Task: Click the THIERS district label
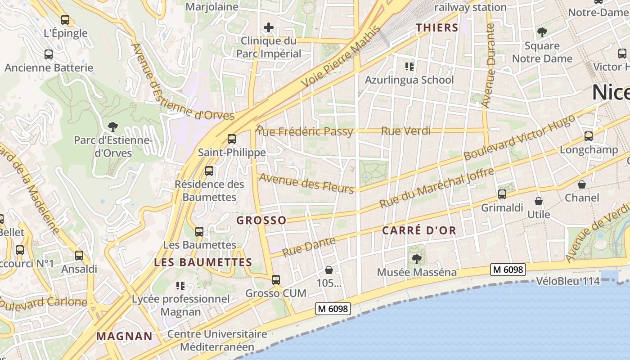coord(437,27)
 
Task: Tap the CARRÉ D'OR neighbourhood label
coord(419,231)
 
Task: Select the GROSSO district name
coord(261,220)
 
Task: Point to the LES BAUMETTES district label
coord(203,262)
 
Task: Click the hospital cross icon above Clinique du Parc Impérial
coord(269,28)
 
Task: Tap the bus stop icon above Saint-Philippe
coord(232,139)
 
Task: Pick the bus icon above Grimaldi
coord(502,194)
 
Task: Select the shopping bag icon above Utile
coord(539,201)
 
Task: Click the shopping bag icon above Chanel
coord(582,184)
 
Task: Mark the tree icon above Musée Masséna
coord(417,259)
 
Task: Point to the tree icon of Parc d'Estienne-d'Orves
coord(113,127)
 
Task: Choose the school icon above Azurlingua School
coord(409,67)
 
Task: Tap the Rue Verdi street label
coord(406,131)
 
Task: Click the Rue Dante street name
coord(309,246)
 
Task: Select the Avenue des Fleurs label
coord(306,184)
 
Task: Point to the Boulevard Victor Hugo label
coord(519,137)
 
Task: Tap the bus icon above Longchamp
coord(588,136)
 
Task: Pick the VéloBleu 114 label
coord(568,281)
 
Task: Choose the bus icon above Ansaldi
coord(79,256)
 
